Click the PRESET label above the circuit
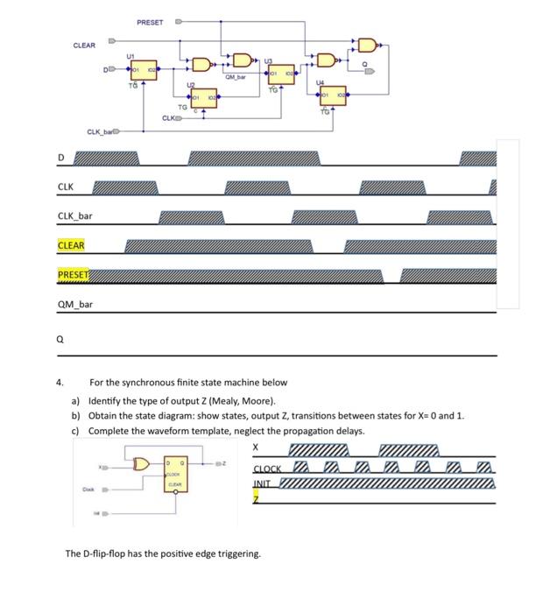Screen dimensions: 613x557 (150, 21)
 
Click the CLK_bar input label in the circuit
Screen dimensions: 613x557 (101, 131)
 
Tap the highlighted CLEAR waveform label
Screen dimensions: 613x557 (71, 246)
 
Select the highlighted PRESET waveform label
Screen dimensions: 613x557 (73, 275)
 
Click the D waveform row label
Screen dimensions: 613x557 (61, 158)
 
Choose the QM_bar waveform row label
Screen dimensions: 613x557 (74, 304)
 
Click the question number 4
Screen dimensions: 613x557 (60, 383)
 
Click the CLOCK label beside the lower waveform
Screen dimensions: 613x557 (267, 469)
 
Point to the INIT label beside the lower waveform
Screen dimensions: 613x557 (262, 483)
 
